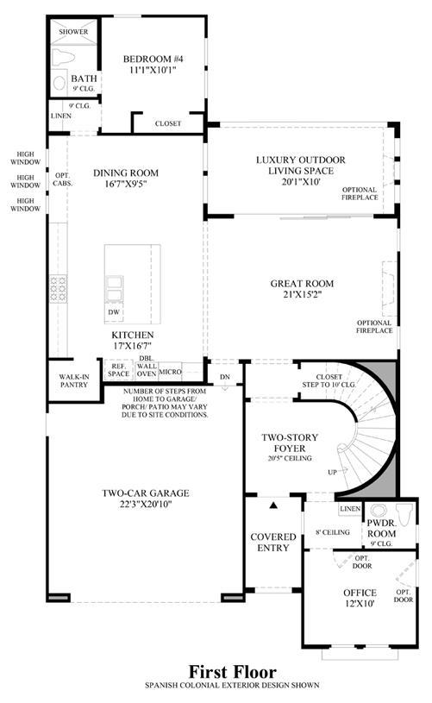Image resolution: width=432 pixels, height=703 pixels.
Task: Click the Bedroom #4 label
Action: pos(153,59)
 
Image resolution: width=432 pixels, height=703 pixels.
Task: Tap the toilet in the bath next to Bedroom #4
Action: pos(63,58)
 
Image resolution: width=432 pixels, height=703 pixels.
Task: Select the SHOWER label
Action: pos(73,32)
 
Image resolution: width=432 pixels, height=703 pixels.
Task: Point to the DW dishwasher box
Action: pos(114,312)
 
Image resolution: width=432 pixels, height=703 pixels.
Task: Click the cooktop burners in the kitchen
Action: pos(59,289)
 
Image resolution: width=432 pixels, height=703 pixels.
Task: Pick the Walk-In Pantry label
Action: pos(74,380)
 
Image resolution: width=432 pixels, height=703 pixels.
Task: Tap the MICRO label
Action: pos(170,372)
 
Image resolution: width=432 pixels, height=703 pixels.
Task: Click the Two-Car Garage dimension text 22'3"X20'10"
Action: pos(146,504)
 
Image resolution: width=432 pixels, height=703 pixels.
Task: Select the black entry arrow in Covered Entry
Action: pos(273,505)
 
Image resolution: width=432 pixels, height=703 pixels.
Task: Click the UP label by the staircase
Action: pos(332,472)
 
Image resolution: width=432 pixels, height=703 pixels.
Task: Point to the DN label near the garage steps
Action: pos(225,377)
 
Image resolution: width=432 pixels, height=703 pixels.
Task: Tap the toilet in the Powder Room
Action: pos(404,515)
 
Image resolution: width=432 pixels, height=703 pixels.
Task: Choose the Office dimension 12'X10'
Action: pos(360,604)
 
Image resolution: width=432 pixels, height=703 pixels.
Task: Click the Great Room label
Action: pos(302,283)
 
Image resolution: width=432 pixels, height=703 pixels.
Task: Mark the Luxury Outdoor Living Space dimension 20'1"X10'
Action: pos(301,182)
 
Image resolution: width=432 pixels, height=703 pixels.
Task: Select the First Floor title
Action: pos(232,672)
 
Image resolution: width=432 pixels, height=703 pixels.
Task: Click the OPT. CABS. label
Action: pos(63,179)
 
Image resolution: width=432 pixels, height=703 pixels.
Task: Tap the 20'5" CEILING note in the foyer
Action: pos(290,458)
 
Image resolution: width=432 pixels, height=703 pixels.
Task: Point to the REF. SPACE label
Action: pos(118,370)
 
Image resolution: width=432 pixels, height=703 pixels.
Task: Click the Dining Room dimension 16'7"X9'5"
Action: pos(126,184)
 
